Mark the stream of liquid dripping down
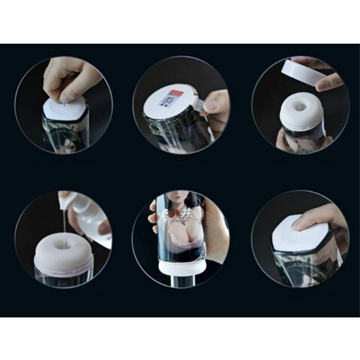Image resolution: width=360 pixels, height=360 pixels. click(x=64, y=227)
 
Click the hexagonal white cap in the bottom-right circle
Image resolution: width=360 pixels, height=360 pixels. click(x=300, y=234)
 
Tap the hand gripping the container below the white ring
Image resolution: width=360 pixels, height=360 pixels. click(x=299, y=142)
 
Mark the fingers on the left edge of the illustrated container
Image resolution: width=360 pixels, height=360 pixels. click(x=153, y=216)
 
